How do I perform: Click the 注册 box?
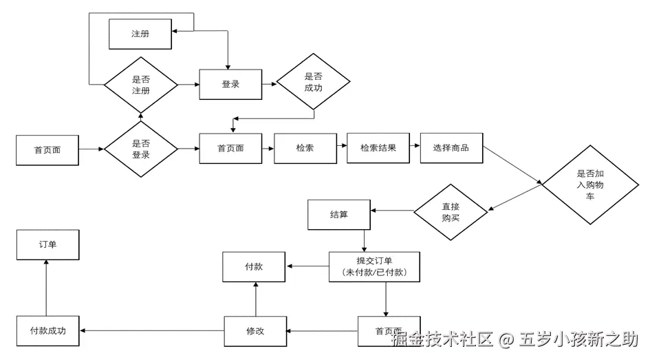click(x=140, y=34)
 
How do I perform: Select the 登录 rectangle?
click(x=230, y=84)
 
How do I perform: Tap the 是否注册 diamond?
click(x=140, y=85)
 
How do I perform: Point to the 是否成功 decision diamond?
click(x=313, y=83)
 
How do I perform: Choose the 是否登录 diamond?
click(x=140, y=149)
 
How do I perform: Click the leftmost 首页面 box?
click(x=47, y=150)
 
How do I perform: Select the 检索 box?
click(x=305, y=148)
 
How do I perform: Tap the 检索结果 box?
click(x=378, y=148)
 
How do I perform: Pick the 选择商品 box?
click(x=451, y=148)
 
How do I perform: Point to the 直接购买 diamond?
click(x=451, y=212)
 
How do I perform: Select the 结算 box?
click(x=338, y=215)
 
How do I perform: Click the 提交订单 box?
click(x=374, y=266)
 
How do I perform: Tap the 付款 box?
click(x=254, y=266)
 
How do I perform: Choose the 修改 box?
click(x=255, y=331)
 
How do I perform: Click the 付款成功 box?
click(x=47, y=330)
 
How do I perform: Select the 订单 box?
click(x=47, y=244)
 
